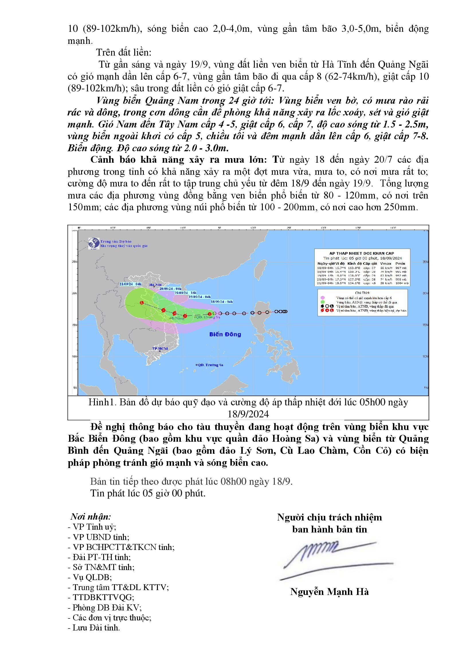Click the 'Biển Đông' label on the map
[x=225, y=334]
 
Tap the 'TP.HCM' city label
[x=160, y=349]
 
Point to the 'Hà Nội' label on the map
[x=155, y=284]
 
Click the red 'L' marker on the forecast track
[x=142, y=302]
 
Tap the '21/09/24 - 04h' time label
[x=130, y=284]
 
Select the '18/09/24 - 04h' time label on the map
[x=222, y=302]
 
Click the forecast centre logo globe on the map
[x=94, y=243]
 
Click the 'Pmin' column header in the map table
[x=400, y=264]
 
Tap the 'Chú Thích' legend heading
[x=362, y=293]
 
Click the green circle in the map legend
[x=322, y=302]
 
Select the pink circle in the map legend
[x=322, y=298]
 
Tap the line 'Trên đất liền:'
[x=124, y=52]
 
